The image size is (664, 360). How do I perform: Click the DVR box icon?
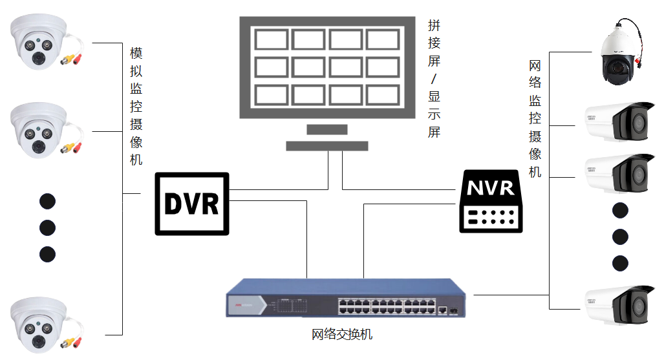click(192, 204)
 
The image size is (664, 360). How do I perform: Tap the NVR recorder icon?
click(491, 201)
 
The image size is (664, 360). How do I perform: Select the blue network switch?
click(346, 298)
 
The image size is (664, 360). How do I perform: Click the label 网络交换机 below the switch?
click(342, 335)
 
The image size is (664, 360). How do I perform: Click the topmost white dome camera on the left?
click(42, 44)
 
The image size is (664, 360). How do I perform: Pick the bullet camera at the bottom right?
click(619, 304)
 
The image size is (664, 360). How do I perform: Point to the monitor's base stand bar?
click(327, 146)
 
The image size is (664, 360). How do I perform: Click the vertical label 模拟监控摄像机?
click(136, 106)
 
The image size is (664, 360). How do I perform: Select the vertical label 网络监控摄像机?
click(535, 118)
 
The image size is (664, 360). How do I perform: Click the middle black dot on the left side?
click(47, 228)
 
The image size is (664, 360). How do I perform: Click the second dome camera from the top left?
click(42, 130)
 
